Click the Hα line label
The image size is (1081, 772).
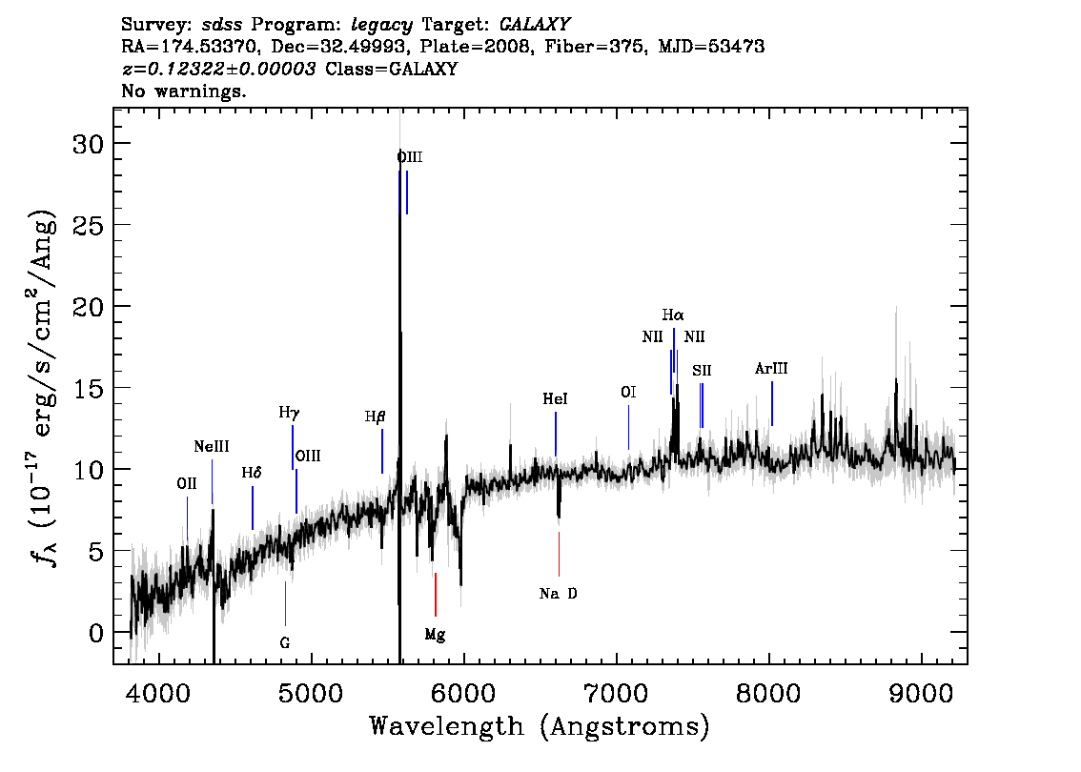[673, 315]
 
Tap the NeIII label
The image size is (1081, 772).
[212, 447]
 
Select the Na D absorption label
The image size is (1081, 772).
[559, 594]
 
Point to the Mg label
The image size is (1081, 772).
[435, 635]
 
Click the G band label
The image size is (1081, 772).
[285, 643]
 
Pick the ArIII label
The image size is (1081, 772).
[771, 369]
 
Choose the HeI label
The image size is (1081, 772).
[555, 399]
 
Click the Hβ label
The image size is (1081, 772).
[375, 417]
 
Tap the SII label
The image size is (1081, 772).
[702, 371]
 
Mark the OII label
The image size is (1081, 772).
[187, 484]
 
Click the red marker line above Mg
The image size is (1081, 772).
[436, 594]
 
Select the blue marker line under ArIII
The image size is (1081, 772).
[772, 404]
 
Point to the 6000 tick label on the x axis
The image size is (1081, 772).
[463, 694]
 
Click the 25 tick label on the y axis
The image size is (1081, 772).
[89, 225]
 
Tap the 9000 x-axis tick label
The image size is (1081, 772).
[921, 694]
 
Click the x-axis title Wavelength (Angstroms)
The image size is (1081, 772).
[540, 727]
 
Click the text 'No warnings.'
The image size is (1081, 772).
[183, 91]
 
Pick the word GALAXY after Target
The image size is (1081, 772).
[535, 25]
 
